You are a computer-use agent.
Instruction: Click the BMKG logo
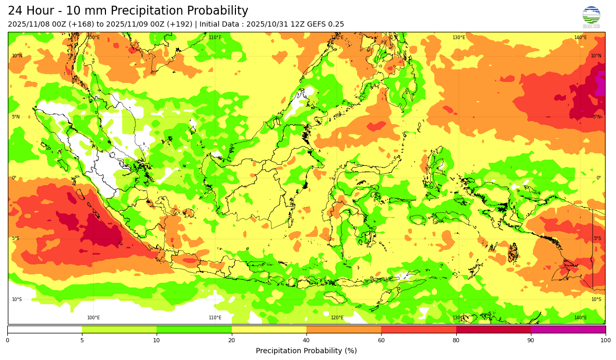pyautogui.click(x=591, y=16)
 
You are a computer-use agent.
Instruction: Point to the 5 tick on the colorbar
pyautogui.click(x=82, y=340)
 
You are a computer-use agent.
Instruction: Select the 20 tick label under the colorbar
pyautogui.click(x=231, y=340)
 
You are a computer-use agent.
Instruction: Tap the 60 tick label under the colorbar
pyautogui.click(x=381, y=340)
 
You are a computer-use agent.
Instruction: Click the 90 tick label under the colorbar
pyautogui.click(x=530, y=340)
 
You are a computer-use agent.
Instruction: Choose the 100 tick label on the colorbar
pyautogui.click(x=605, y=340)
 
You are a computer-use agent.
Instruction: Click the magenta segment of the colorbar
pyautogui.click(x=568, y=329)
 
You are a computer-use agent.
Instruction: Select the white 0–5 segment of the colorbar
pyautogui.click(x=44, y=329)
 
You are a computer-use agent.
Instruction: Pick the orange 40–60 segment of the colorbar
pyautogui.click(x=343, y=329)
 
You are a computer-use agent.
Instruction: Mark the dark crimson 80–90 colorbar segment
pyautogui.click(x=493, y=329)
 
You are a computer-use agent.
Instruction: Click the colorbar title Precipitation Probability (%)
pyautogui.click(x=306, y=351)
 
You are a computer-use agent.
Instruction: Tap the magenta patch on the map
pyautogui.click(x=600, y=83)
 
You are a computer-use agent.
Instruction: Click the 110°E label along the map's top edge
pyautogui.click(x=215, y=38)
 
